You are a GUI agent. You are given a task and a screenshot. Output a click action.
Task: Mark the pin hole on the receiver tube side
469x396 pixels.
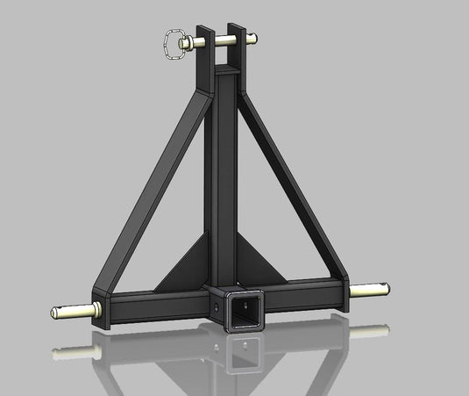[216, 306]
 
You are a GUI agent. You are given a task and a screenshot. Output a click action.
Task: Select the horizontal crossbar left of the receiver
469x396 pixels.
[158, 304]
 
